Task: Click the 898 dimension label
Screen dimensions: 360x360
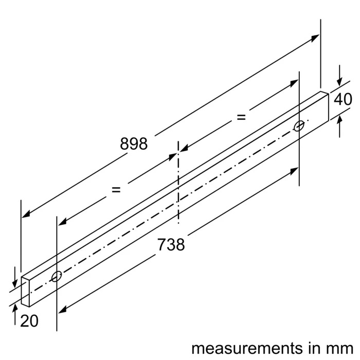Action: [134, 143]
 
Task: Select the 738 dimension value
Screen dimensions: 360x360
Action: [171, 245]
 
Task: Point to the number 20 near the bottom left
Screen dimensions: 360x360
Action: [30, 321]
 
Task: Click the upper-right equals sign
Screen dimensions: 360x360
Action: [241, 117]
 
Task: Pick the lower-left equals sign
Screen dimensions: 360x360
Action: [116, 190]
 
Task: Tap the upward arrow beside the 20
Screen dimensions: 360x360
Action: [15, 308]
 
